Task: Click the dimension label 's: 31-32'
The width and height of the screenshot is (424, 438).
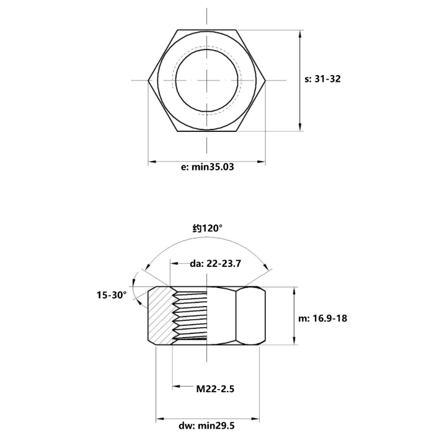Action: coord(322,79)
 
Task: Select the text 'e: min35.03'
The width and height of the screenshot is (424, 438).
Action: coord(208,167)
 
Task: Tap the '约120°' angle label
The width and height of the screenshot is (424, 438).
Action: coord(208,229)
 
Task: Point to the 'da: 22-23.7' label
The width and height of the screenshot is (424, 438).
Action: coord(215,263)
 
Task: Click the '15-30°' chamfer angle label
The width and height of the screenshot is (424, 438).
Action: coord(112,295)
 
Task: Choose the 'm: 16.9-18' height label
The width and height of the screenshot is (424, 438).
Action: coord(322,318)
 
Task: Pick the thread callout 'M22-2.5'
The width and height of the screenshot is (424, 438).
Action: coord(215,389)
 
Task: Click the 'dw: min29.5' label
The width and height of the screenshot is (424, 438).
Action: coord(206,426)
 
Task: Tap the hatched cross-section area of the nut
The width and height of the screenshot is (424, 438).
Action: coord(160,316)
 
